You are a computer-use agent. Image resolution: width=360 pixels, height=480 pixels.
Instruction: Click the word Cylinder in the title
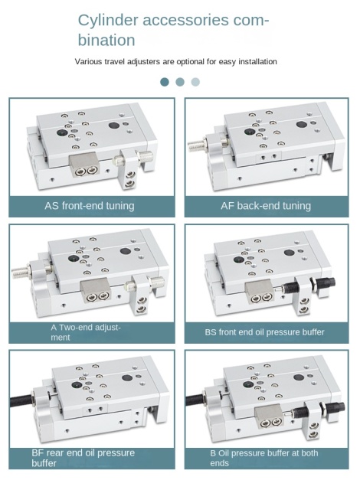(x=107, y=21)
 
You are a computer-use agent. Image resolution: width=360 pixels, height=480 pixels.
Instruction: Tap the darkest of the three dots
(x=165, y=82)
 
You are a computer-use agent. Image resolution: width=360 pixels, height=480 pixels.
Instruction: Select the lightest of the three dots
(x=195, y=82)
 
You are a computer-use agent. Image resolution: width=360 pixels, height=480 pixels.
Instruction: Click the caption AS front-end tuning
(x=90, y=205)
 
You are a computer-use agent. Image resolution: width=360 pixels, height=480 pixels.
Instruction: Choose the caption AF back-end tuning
(x=266, y=205)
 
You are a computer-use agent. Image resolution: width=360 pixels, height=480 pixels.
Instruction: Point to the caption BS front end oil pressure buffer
(x=264, y=332)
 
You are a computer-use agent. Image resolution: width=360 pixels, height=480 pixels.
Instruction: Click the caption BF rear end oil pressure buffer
(x=83, y=458)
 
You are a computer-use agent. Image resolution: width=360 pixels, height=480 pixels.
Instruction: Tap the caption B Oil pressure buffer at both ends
(x=264, y=458)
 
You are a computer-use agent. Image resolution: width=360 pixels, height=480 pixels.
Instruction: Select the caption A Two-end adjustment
(x=86, y=332)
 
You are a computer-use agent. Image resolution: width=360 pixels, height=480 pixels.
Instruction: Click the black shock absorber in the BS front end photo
(x=306, y=286)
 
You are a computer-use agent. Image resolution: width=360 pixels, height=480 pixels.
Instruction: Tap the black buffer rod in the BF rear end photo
(x=21, y=400)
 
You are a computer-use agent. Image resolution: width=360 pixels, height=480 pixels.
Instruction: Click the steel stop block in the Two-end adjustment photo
(x=95, y=290)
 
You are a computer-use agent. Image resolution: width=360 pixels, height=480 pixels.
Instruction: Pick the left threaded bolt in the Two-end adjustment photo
(x=21, y=269)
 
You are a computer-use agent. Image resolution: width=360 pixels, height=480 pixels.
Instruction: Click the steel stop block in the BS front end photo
(x=260, y=291)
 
